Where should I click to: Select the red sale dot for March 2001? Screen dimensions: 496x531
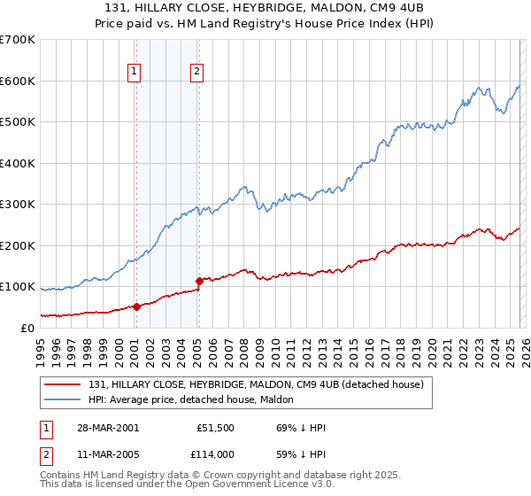(136, 306)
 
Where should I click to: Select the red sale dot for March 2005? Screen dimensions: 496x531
(199, 281)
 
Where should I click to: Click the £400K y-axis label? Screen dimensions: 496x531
(17, 163)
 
